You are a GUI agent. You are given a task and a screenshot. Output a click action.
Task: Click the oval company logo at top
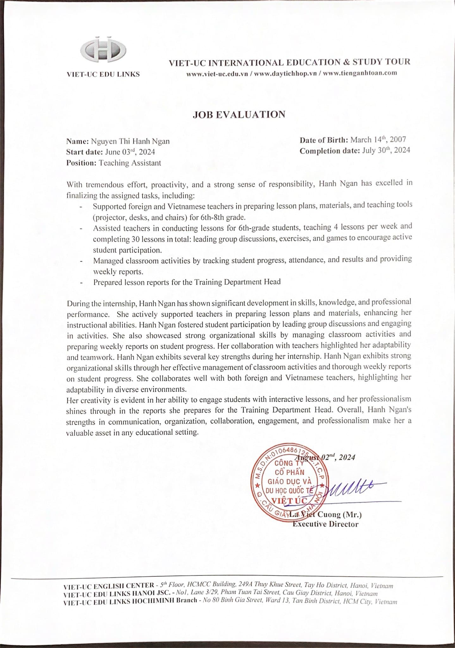103,51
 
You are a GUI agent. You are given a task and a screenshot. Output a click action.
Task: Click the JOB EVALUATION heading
239,114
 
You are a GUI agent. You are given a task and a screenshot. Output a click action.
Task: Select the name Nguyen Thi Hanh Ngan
130,141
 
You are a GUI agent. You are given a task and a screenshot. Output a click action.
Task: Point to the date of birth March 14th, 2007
378,140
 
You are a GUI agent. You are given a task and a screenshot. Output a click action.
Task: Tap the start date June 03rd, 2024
130,152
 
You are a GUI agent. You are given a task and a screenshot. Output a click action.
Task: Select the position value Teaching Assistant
130,163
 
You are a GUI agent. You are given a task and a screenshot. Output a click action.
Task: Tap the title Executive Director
325,524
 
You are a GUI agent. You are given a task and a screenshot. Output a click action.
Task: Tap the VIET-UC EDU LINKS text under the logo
103,74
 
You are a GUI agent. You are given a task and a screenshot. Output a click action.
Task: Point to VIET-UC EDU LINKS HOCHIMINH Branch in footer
130,601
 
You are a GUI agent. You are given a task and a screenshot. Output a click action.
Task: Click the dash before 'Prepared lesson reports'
82,283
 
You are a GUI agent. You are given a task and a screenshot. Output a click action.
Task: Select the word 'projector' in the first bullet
109,218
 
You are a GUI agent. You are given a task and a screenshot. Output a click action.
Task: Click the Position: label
81,163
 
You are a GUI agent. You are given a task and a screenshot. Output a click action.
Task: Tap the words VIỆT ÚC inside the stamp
290,501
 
